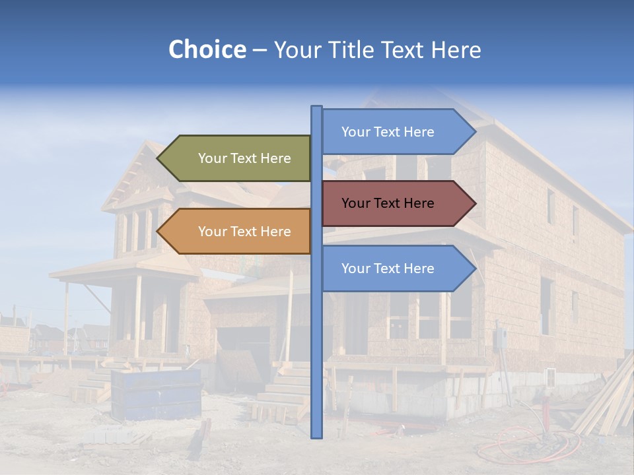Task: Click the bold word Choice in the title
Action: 207,49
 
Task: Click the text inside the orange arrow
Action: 244,232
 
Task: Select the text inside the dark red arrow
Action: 388,203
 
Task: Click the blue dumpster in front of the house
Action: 156,394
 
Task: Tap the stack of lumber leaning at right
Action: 604,402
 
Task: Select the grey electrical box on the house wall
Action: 501,338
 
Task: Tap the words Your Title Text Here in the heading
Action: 377,49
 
